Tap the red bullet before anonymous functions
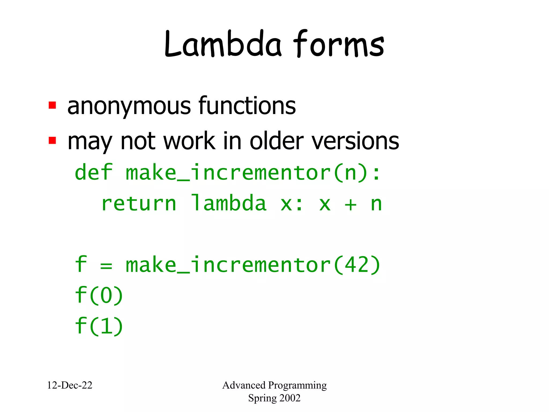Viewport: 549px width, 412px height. pos(52,105)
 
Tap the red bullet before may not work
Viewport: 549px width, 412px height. pos(52,140)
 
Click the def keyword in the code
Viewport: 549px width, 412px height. pos(93,172)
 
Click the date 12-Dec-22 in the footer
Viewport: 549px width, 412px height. pos(70,385)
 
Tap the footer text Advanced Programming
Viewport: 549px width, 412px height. pos(274,385)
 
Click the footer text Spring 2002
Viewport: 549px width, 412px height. pos(274,398)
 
